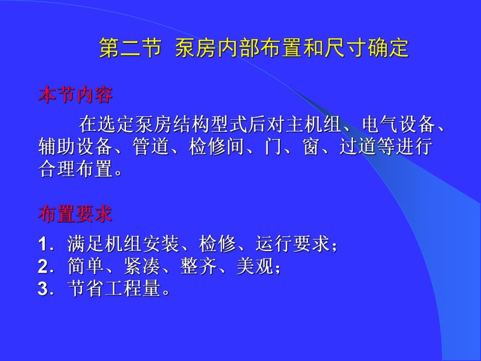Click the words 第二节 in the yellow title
pyautogui.click(x=130, y=48)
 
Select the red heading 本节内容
pyautogui.click(x=75, y=95)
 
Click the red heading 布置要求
pyautogui.click(x=75, y=213)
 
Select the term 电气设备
pyautogui.click(x=399, y=125)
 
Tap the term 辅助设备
pyautogui.click(x=75, y=146)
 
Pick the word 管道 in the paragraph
pyautogui.click(x=151, y=146)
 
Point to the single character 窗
pyautogui.click(x=312, y=146)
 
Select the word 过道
pyautogui.click(x=358, y=146)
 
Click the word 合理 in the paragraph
pyautogui.click(x=57, y=168)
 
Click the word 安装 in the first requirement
pyautogui.click(x=161, y=244)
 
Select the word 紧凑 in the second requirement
pyautogui.click(x=142, y=266)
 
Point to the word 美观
pyautogui.click(x=255, y=266)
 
